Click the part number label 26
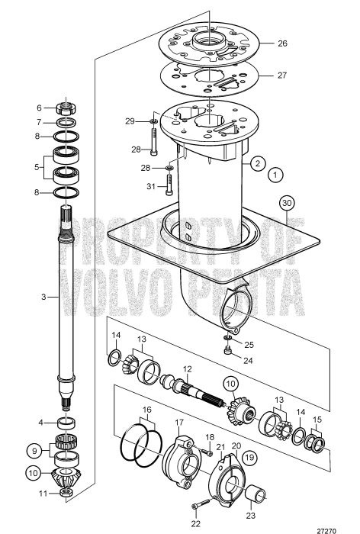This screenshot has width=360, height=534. [282, 44]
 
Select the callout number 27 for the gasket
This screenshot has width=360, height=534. [282, 76]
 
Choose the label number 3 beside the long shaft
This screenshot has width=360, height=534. [43, 296]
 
